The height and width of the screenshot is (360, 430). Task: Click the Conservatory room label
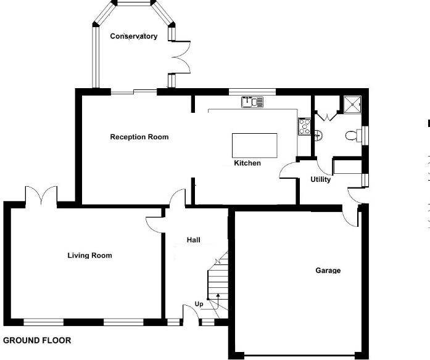point(133,36)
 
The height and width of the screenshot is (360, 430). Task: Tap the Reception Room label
point(139,137)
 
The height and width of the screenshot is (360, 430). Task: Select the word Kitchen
point(247,163)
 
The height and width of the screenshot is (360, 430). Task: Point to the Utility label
point(321,180)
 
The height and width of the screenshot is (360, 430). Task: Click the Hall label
point(193,240)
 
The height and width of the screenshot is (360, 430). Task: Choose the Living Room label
point(89,255)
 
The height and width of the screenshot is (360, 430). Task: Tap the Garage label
point(328,270)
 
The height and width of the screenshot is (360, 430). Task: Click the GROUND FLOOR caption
point(37,340)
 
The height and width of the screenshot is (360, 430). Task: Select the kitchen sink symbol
point(252,102)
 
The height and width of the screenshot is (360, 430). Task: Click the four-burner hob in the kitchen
point(304,126)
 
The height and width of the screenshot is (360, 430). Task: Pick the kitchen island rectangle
point(254,145)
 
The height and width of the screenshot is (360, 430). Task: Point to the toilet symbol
point(353,136)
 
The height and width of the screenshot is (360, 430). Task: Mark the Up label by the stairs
point(199,304)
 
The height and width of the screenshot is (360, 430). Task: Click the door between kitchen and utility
point(287,170)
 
